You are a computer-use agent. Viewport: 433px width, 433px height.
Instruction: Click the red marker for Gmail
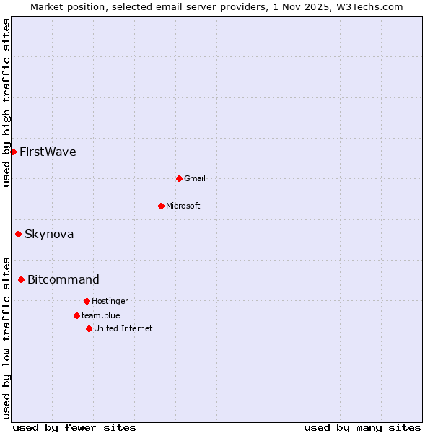[179, 178]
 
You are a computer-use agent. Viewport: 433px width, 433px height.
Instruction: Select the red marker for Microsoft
[161, 206]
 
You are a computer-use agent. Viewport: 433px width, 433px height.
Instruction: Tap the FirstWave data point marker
[13, 152]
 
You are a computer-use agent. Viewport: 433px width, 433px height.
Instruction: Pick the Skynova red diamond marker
[18, 234]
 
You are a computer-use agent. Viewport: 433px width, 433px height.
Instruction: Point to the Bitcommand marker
[21, 279]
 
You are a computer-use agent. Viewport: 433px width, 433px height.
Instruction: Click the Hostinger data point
[87, 301]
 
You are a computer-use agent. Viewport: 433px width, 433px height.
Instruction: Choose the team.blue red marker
[76, 315]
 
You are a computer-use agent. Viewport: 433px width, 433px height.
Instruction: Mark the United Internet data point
[89, 328]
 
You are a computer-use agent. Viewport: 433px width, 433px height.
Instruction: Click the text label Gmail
[195, 178]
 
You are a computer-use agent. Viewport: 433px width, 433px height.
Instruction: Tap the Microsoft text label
[183, 206]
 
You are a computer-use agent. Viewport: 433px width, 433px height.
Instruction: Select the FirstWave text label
[48, 152]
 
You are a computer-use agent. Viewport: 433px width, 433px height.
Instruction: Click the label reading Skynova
[49, 234]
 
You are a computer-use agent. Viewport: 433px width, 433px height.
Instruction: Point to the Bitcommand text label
[64, 279]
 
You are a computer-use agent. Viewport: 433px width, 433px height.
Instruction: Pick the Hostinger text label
[110, 301]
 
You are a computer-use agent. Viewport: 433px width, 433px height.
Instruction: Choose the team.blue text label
[101, 315]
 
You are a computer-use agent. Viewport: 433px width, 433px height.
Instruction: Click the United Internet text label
[123, 328]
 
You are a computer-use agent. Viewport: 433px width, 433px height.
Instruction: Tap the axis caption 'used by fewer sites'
[74, 427]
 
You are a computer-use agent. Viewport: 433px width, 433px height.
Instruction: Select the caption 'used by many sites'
[362, 427]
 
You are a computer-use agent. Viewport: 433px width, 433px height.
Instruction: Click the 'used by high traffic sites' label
[6, 103]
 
